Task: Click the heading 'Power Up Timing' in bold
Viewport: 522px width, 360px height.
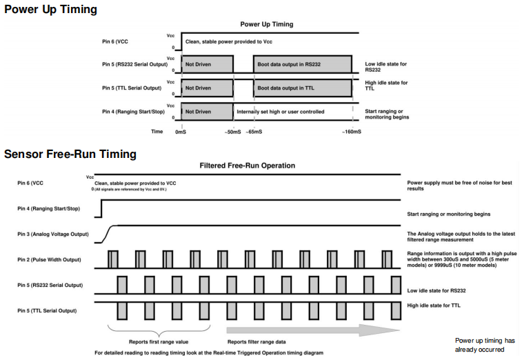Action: click(50, 10)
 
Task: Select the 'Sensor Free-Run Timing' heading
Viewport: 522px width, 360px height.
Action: click(70, 154)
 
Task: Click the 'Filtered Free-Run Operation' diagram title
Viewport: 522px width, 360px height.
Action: click(247, 166)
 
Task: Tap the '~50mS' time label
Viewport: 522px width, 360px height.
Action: click(233, 130)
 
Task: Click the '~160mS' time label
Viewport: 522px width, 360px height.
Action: click(351, 130)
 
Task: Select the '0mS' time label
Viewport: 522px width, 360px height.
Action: click(181, 130)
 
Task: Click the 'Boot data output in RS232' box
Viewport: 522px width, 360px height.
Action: click(302, 65)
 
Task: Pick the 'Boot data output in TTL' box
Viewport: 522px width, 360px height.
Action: click(302, 88)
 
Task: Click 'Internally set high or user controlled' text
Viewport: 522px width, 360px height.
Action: click(280, 111)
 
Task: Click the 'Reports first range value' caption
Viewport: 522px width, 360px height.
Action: click(159, 341)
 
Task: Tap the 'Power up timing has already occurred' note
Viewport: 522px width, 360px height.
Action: click(485, 345)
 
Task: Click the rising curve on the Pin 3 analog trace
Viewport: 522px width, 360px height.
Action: click(109, 233)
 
